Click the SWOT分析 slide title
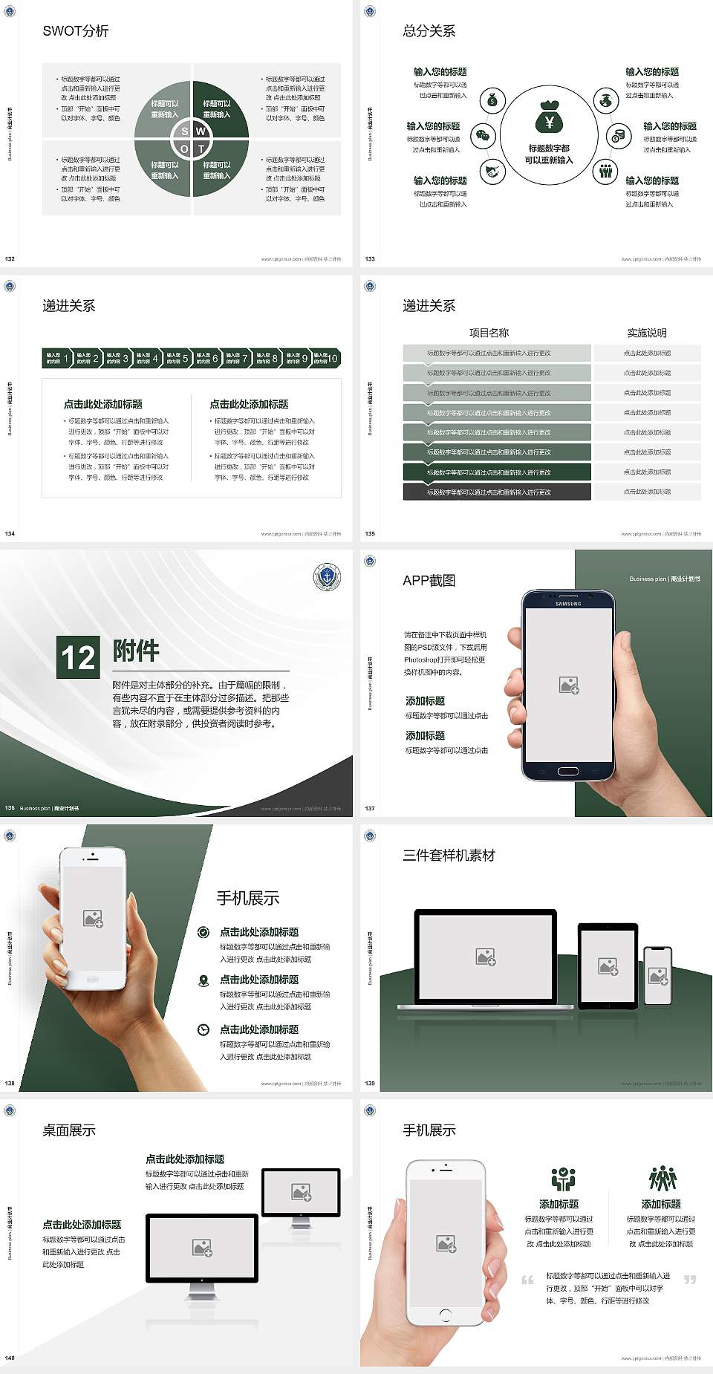click(76, 31)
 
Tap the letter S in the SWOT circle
click(185, 131)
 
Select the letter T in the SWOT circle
click(201, 149)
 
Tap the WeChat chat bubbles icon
click(484, 136)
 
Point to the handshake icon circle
click(492, 172)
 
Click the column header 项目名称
click(489, 333)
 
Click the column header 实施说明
click(646, 333)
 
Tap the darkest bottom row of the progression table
click(496, 492)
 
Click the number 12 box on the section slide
click(78, 657)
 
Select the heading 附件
click(136, 651)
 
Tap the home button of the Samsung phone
click(567, 770)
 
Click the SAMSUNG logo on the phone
click(568, 604)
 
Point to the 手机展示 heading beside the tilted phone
click(248, 898)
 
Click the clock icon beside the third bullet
click(204, 1029)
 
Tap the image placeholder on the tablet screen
click(608, 966)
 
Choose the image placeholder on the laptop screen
click(486, 957)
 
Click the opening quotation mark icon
click(527, 1280)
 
